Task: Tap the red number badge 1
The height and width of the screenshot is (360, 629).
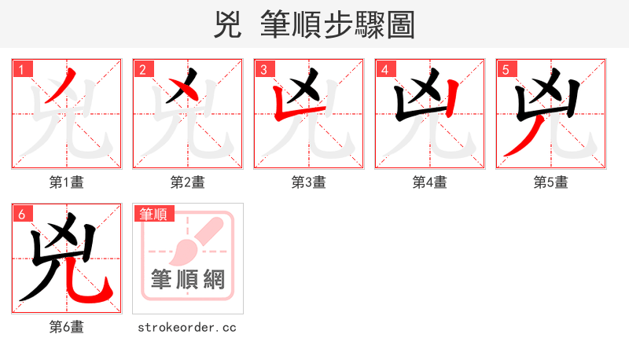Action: pyautogui.click(x=22, y=69)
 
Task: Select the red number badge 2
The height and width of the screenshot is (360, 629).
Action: pyautogui.click(x=143, y=69)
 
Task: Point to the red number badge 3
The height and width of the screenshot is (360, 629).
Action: pyautogui.click(x=264, y=69)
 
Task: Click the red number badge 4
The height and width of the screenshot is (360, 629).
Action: pyautogui.click(x=385, y=69)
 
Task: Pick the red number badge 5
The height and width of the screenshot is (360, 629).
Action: pyautogui.click(x=506, y=69)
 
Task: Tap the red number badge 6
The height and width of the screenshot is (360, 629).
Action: pyautogui.click(x=22, y=214)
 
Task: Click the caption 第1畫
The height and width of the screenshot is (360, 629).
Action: pyautogui.click(x=66, y=182)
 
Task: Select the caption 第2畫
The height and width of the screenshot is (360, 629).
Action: pyautogui.click(x=187, y=182)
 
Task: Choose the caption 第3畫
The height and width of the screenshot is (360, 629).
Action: pyautogui.click(x=308, y=182)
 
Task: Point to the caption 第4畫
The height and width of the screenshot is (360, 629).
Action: pyautogui.click(x=429, y=182)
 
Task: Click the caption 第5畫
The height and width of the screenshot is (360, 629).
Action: pyautogui.click(x=550, y=182)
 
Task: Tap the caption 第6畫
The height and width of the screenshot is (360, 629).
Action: pyautogui.click(x=66, y=327)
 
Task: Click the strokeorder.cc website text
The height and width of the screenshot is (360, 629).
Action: pyautogui.click(x=187, y=327)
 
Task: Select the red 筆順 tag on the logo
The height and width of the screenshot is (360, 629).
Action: pyautogui.click(x=153, y=214)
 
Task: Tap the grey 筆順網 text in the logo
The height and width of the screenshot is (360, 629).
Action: pyautogui.click(x=188, y=279)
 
